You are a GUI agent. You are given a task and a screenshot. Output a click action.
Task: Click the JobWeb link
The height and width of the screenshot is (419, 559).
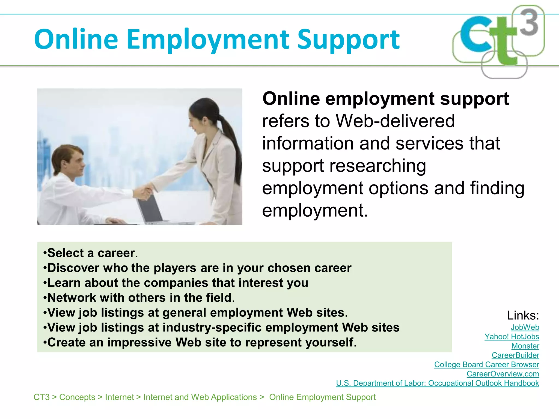525,327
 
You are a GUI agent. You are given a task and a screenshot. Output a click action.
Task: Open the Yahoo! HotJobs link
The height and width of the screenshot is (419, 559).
512,337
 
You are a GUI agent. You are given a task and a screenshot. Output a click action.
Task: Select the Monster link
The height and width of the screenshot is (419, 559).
525,346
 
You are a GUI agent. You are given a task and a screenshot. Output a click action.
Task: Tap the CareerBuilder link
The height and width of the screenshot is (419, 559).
515,355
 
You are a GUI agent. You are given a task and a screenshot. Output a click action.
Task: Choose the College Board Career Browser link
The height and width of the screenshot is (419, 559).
486,364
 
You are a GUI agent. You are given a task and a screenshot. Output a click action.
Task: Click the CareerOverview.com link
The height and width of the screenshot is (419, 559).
503,374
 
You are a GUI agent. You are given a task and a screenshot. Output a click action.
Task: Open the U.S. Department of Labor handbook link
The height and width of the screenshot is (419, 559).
437,383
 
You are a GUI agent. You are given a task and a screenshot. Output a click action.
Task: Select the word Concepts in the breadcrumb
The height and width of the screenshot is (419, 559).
77,397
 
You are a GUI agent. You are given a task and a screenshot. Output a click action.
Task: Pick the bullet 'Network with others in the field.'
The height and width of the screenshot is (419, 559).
139,298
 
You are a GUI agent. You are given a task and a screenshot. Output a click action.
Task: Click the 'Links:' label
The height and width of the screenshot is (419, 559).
523,316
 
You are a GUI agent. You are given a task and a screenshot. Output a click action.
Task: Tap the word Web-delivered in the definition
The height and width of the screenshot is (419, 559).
395,121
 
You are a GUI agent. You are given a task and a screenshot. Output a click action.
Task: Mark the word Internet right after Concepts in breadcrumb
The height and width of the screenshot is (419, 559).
120,397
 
